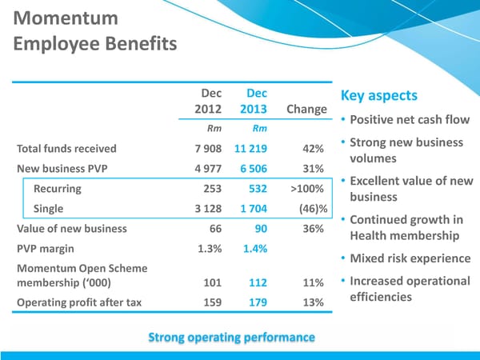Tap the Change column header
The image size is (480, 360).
(x=306, y=110)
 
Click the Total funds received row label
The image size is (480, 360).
(x=66, y=148)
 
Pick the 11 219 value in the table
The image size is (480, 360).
(x=250, y=148)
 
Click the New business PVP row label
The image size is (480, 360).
(x=63, y=168)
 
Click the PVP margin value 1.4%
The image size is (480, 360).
(x=254, y=249)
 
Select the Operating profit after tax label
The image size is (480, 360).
(x=78, y=302)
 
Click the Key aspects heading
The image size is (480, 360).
(x=378, y=96)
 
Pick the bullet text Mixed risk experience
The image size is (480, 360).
(x=410, y=258)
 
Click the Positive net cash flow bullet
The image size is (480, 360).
(x=409, y=120)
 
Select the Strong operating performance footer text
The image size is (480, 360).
(x=231, y=337)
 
